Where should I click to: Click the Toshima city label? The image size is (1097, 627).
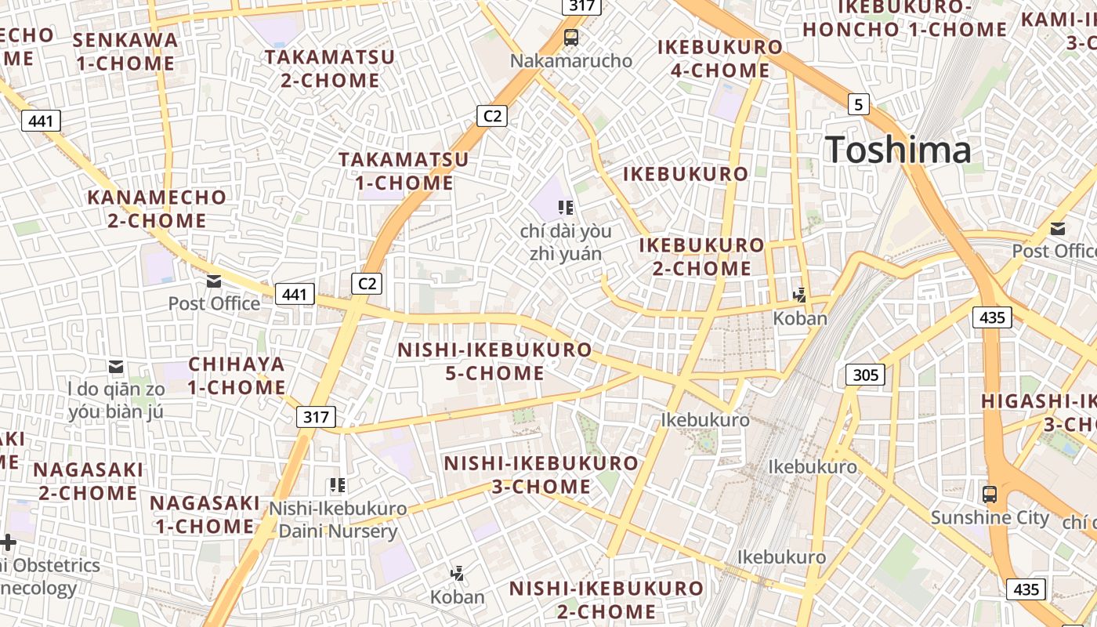898,150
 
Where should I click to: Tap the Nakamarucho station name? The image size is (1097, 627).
570,60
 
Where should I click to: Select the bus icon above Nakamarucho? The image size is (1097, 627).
571,37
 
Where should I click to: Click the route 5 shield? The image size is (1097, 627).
859,103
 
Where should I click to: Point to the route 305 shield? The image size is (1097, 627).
865,375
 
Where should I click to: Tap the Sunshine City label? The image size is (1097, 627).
989,517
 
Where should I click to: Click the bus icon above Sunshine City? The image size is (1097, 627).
990,495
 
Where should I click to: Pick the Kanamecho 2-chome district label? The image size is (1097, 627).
157,208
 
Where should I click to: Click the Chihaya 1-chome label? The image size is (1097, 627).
237,375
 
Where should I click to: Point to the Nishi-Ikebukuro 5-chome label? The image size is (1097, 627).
494,361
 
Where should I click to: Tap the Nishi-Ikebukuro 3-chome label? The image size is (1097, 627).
541,475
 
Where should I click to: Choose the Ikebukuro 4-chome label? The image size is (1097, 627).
720,59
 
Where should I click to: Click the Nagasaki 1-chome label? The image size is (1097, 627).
204,514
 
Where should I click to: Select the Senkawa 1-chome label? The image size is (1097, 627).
125,51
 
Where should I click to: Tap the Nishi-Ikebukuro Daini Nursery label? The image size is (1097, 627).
339,520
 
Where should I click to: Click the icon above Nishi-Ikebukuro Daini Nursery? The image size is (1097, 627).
338,485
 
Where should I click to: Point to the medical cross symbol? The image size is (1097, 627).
8,542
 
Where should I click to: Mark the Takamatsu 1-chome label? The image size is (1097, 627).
404,171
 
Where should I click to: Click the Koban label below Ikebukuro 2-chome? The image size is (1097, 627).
800,318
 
